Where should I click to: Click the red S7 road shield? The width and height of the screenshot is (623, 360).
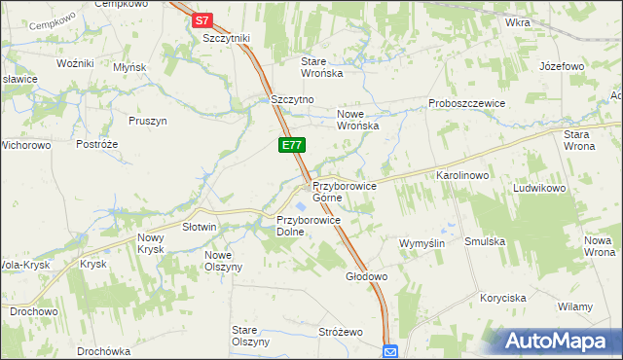coord(202,18)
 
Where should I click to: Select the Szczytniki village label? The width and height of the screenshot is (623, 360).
coord(227,37)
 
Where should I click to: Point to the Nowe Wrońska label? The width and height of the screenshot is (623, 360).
coord(357,119)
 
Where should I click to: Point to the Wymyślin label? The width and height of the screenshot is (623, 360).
coord(421,242)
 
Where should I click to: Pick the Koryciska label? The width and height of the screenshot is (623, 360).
coord(502,298)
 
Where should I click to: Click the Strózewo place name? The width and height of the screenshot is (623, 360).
coord(341,332)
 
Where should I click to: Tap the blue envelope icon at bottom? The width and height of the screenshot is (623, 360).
coord(390,351)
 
